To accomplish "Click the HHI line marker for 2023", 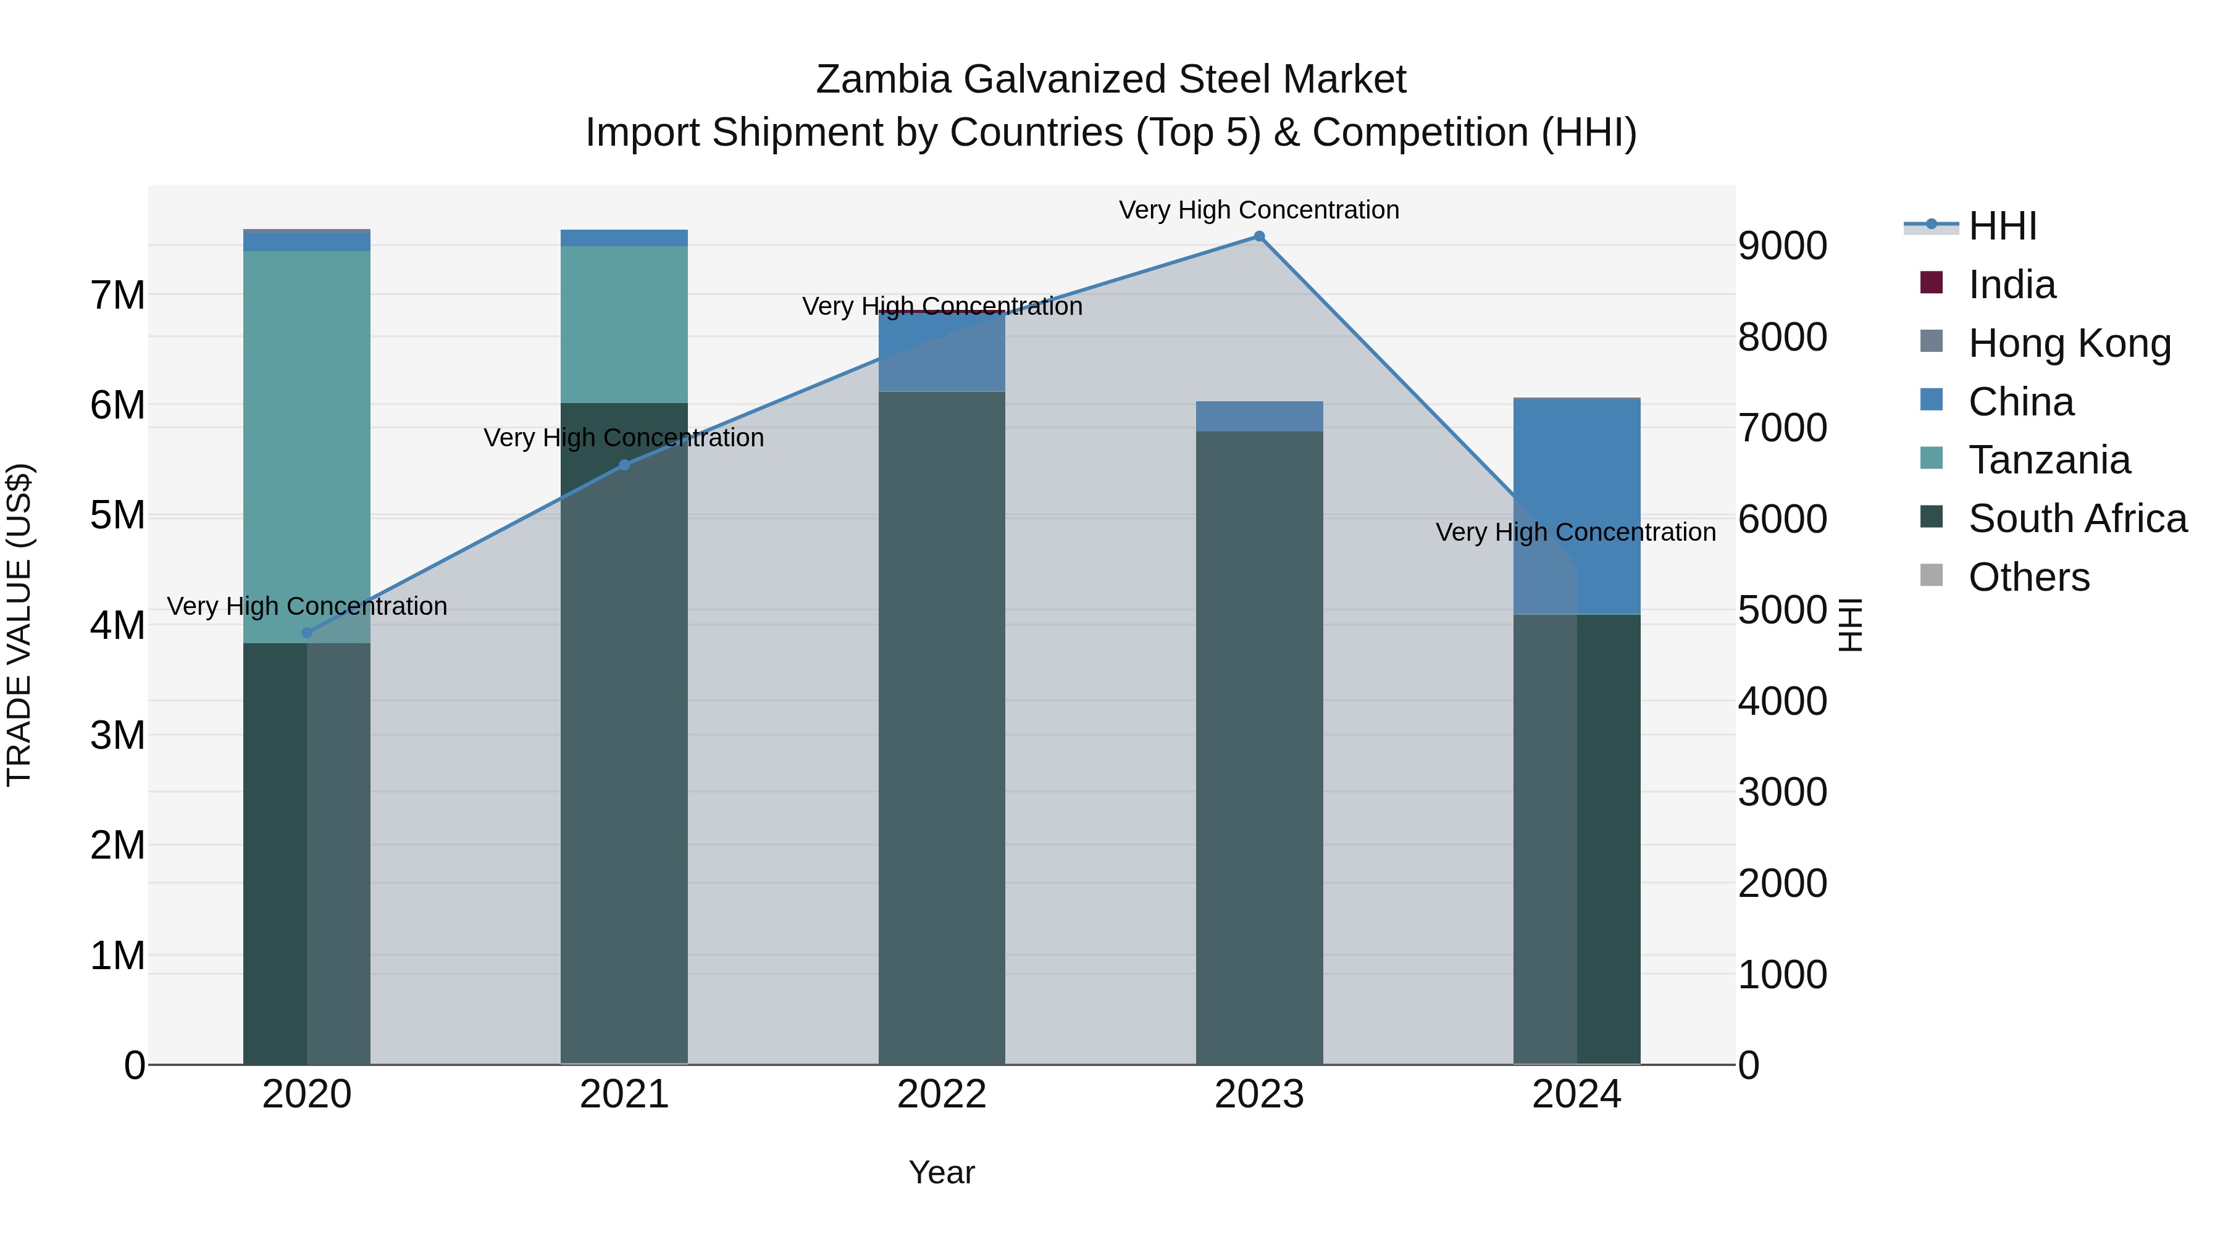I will (1259, 236).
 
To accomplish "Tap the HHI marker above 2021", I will (624, 465).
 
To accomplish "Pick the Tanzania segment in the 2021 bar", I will (624, 324).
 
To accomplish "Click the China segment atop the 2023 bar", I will (1259, 416).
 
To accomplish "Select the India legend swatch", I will (1932, 283).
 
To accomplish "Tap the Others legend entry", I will (2028, 577).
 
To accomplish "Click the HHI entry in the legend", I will (2002, 226).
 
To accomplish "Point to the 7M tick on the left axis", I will (117, 296).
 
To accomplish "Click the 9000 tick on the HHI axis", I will (1782, 246).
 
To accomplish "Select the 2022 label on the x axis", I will (942, 1094).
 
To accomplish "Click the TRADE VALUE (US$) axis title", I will (19, 625).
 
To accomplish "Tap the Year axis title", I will (942, 1172).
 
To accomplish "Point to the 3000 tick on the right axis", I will (1782, 792).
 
